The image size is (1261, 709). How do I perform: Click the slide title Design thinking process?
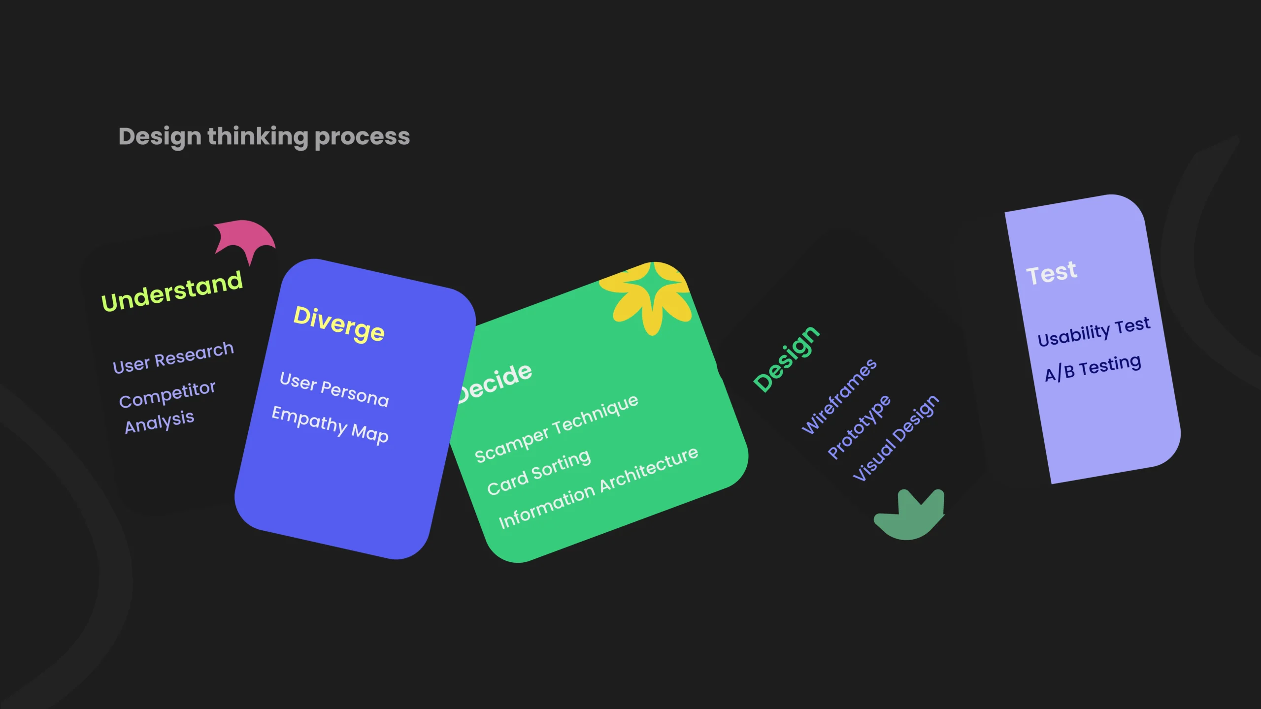point(264,137)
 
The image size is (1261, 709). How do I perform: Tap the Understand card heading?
point(172,291)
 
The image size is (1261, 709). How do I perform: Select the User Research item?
point(173,357)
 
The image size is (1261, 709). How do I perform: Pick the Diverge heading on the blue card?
point(339,323)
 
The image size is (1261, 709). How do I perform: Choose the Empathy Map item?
point(330,424)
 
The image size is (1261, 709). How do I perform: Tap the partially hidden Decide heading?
point(495,382)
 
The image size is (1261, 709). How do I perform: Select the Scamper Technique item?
point(557,428)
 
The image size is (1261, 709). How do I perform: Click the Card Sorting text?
point(539,472)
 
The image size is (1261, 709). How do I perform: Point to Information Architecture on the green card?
point(598,487)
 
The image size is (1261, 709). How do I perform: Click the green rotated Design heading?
point(787,359)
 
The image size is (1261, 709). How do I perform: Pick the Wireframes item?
point(839,396)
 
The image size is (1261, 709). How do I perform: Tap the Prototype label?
point(859,427)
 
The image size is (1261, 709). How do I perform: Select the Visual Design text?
point(896,438)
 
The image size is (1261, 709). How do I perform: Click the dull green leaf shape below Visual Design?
point(909,515)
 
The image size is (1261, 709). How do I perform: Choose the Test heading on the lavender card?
point(1052,273)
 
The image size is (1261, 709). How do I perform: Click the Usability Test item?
point(1094,332)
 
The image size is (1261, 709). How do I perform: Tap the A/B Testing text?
point(1093,368)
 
